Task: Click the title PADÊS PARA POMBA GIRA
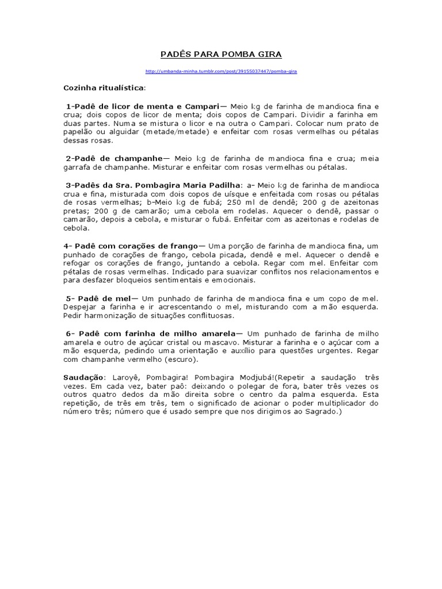point(221,55)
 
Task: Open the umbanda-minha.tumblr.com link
point(221,71)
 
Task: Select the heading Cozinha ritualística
point(104,88)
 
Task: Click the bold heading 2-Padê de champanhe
point(114,158)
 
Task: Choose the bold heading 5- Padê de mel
point(98,299)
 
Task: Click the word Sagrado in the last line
point(325,412)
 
